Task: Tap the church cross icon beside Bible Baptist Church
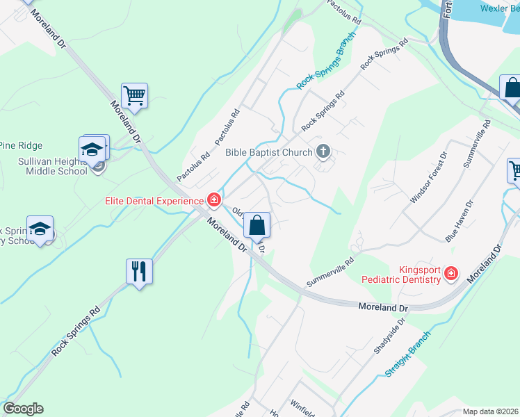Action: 323,152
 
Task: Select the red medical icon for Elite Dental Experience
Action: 214,201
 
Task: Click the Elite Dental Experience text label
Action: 154,201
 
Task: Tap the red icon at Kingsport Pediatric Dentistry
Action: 451,274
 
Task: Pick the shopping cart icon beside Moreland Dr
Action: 134,95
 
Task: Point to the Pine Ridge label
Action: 21,145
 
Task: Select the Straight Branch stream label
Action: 408,354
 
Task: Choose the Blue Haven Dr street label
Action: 460,221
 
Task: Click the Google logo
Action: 23,409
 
